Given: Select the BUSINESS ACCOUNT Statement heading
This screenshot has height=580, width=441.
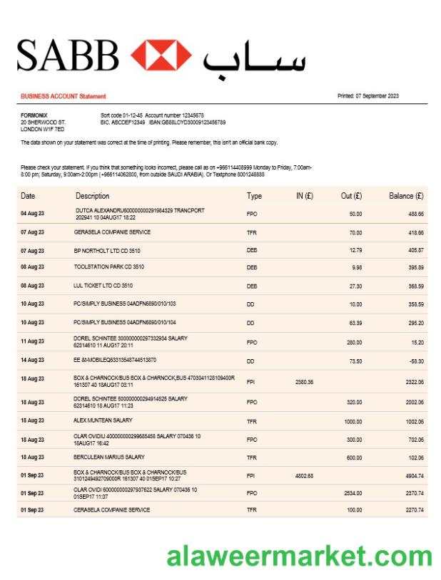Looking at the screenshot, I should pyautogui.click(x=64, y=96).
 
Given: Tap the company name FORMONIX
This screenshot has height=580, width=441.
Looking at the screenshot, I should pyautogui.click(x=34, y=115).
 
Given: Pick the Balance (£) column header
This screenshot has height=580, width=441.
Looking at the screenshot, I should pyautogui.click(x=406, y=196).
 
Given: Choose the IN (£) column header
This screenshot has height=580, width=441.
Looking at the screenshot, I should pyautogui.click(x=304, y=196).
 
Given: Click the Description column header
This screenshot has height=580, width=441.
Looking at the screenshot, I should pyautogui.click(x=93, y=196).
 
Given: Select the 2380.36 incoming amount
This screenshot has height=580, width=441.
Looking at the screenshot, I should pyautogui.click(x=304, y=382).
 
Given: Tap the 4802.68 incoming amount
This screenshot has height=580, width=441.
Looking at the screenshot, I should pyautogui.click(x=304, y=475).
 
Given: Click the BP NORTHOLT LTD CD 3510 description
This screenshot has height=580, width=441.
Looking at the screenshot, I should pyautogui.click(x=107, y=251).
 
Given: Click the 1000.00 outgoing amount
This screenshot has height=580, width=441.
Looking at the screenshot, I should pyautogui.click(x=352, y=422).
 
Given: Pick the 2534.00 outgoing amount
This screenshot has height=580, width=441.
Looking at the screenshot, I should pyautogui.click(x=352, y=493).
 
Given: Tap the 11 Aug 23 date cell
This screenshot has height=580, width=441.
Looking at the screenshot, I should pyautogui.click(x=32, y=342).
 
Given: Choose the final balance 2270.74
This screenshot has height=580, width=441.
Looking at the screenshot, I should pyautogui.click(x=412, y=510).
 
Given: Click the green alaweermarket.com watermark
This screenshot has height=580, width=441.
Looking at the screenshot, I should pyautogui.click(x=300, y=556).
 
